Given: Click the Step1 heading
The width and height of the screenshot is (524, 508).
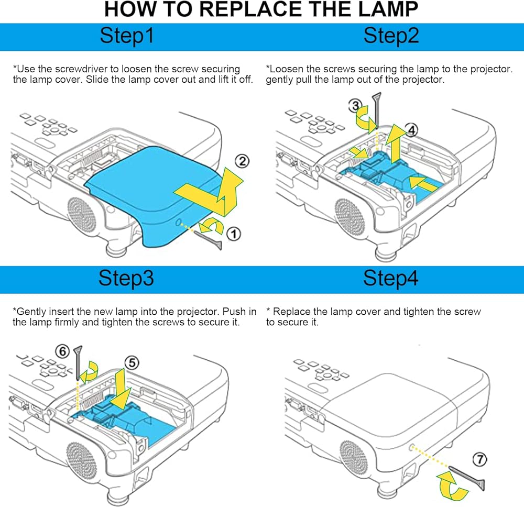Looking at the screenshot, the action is click(127, 36).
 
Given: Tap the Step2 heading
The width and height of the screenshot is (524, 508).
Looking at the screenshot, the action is click(391, 36).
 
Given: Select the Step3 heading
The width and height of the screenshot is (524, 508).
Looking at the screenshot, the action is click(126, 278).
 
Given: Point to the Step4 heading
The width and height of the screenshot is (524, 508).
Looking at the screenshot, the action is click(391, 278).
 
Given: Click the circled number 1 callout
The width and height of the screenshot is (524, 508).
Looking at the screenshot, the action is click(234, 234).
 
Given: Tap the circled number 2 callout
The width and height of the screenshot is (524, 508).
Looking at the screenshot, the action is click(242, 161).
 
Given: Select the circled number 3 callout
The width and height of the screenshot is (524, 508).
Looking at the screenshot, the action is click(355, 106).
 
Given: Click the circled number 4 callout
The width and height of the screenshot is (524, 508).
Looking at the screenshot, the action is click(411, 130).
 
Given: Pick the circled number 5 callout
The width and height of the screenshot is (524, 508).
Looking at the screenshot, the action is click(132, 363).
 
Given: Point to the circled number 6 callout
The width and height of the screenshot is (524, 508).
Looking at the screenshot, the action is click(62, 351).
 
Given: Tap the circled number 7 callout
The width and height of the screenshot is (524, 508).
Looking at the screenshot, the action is click(480, 460).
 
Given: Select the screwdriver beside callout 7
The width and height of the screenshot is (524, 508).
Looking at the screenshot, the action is click(466, 478).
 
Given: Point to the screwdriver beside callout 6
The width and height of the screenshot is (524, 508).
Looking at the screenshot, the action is click(78, 363).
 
